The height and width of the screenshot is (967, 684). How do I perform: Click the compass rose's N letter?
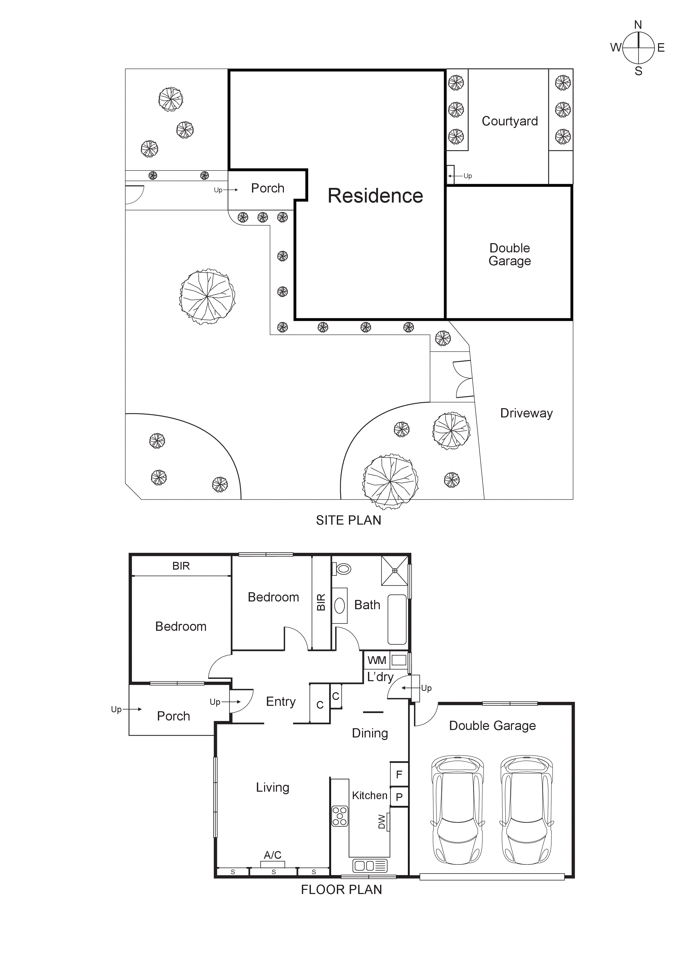[638, 25]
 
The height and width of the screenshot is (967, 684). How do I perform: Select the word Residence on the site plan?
[375, 196]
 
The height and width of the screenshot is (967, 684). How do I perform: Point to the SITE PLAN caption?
[348, 520]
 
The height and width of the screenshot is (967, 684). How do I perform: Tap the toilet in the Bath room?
[343, 569]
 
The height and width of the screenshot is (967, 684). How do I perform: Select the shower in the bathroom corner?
[395, 571]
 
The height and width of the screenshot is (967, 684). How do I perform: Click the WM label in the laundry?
[376, 660]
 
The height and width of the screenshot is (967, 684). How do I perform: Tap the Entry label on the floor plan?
[281, 702]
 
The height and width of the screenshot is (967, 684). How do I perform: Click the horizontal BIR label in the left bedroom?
[181, 566]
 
